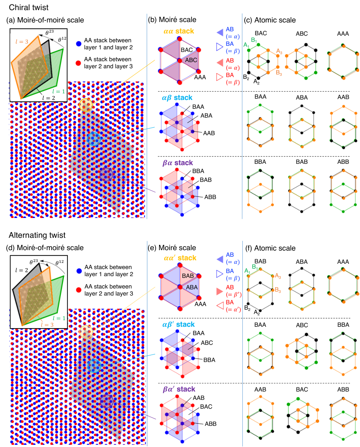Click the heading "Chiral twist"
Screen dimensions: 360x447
[x=29, y=7]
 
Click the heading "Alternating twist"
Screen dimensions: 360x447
[x=37, y=235]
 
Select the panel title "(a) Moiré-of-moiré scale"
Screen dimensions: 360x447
[x=45, y=20]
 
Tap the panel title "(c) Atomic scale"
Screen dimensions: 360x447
[x=270, y=20]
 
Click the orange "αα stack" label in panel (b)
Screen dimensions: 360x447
[x=179, y=31]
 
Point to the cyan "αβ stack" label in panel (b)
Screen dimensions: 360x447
[x=177, y=97]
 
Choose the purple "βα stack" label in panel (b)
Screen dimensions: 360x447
[x=178, y=163]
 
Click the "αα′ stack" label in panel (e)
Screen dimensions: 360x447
[x=180, y=258]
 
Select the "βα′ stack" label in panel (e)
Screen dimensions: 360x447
[x=179, y=389]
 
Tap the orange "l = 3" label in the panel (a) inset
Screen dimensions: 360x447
[x=22, y=42]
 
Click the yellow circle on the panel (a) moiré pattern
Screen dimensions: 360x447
[x=86, y=105]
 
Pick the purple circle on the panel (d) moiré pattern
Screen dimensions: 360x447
[x=106, y=401]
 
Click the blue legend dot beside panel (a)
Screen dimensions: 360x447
[x=79, y=44]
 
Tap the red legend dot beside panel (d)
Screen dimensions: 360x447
[x=79, y=290]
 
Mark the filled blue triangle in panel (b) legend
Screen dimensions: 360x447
[x=220, y=33]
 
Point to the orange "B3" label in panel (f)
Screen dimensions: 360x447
[x=278, y=290]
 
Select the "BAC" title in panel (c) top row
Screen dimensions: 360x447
[x=261, y=33]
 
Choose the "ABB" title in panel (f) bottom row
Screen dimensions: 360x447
[x=343, y=389]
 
